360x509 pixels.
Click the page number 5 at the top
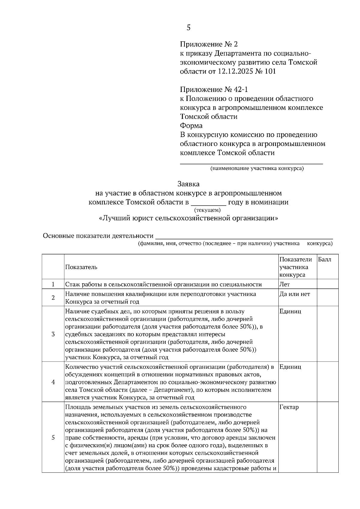[x=188, y=28]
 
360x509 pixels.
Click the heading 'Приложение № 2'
[x=208, y=44]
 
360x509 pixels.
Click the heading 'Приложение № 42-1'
[x=214, y=89]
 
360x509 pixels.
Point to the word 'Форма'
[x=191, y=126]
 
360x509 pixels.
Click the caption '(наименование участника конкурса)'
[x=257, y=168]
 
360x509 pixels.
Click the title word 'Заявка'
[x=188, y=183]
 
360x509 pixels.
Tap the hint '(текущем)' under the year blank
[x=207, y=210]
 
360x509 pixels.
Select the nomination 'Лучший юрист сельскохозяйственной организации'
[x=188, y=218]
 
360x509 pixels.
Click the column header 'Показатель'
[x=81, y=267]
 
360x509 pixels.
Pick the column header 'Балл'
[x=325, y=260]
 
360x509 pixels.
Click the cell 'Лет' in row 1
[x=284, y=284]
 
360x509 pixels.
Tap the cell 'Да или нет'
[x=295, y=294]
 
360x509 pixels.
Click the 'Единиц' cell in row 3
[x=290, y=311]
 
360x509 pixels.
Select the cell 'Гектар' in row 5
[x=289, y=407]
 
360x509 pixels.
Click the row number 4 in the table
[x=53, y=382]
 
